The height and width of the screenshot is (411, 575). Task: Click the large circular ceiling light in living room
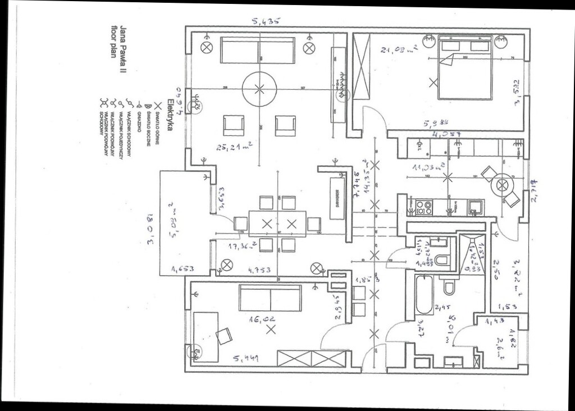tap(259, 88)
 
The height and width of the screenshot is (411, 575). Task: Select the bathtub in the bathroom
tap(424, 294)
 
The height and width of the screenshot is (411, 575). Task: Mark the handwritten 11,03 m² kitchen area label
tap(430, 166)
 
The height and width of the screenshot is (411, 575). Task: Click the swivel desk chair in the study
tap(225, 335)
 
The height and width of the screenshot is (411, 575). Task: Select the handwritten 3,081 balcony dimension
tap(150, 229)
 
